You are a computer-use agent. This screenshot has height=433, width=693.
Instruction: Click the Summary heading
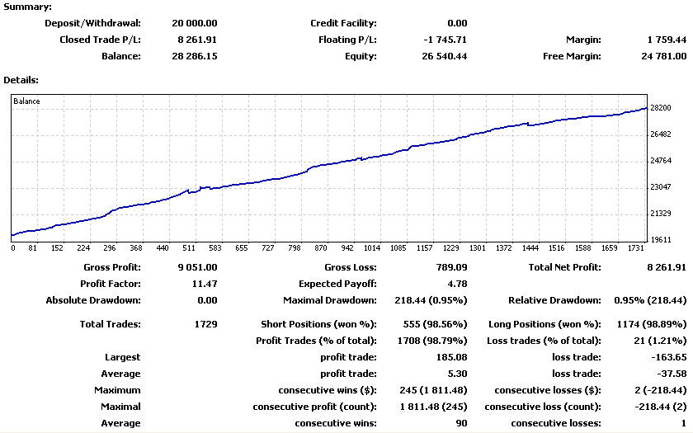click(29, 7)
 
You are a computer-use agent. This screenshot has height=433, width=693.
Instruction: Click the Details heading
click(22, 80)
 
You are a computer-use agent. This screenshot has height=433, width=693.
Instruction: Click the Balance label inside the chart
click(26, 101)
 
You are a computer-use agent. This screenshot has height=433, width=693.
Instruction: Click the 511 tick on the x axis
click(189, 247)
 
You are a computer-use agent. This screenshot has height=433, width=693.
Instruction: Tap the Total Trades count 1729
click(204, 324)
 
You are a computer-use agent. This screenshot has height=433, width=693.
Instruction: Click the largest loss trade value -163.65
click(669, 357)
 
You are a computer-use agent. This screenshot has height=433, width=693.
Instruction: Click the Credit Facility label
click(343, 23)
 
